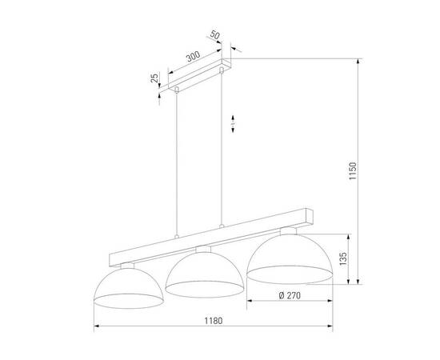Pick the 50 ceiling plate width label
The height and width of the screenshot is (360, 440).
point(215,37)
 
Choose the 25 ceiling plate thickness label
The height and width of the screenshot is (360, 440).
point(154,79)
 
